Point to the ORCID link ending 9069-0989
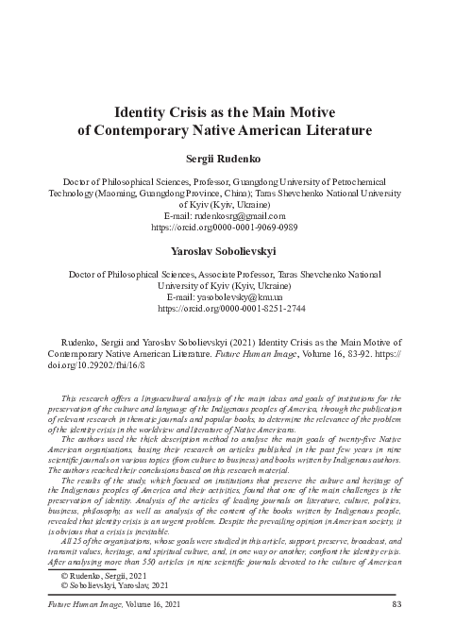tap(227, 228)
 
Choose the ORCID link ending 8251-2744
tap(227, 308)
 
